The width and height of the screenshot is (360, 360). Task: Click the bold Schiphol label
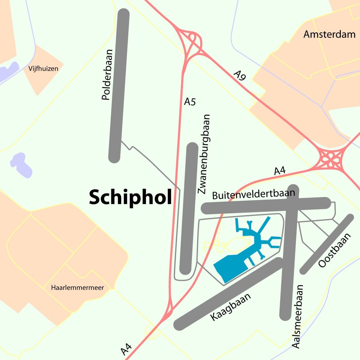[x=130, y=197]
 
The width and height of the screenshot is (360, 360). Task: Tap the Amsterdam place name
[x=329, y=34]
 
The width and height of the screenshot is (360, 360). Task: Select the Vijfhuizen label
[x=43, y=69]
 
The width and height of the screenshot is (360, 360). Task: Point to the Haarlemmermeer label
[x=77, y=288]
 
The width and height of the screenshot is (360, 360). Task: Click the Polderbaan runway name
[x=106, y=75]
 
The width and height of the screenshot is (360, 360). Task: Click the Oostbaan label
[x=334, y=250]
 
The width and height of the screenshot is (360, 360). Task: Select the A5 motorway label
[x=190, y=102]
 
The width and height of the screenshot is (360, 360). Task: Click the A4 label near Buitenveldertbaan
[x=280, y=171]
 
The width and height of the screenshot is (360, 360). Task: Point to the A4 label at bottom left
[x=126, y=349]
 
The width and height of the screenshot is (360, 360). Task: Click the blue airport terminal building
[x=231, y=267]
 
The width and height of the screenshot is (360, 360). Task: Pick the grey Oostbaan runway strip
[x=327, y=244]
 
